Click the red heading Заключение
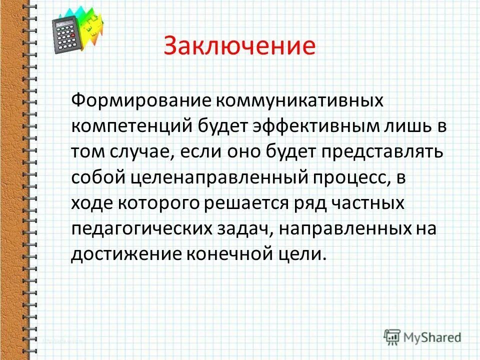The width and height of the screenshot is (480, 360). coord(239,45)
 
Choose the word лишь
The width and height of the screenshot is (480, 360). coord(404,125)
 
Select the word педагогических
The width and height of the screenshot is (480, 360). coord(140,229)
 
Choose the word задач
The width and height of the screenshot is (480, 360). coord(242,229)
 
